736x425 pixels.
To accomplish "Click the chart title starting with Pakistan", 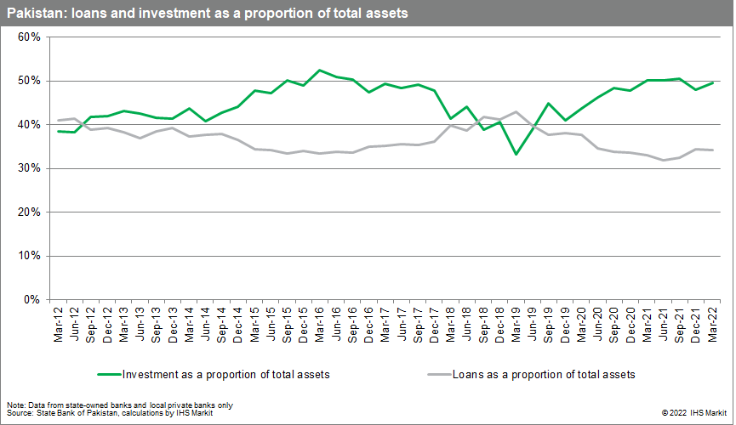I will [x=208, y=14].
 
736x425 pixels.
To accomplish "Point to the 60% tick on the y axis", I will [x=30, y=37].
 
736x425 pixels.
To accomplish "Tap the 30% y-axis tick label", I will [x=30, y=168].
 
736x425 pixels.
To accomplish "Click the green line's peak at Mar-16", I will [x=319, y=70].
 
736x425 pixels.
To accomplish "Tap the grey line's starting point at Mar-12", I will [x=58, y=120].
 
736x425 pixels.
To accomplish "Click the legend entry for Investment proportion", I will [x=213, y=374].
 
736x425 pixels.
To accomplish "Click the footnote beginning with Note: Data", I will [x=120, y=405].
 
